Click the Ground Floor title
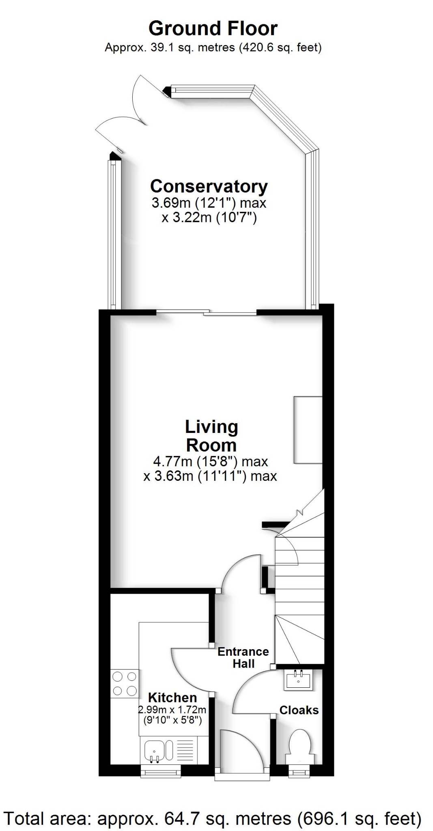click(x=213, y=28)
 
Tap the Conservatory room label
click(x=209, y=187)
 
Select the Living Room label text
click(x=211, y=436)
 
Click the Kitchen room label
click(x=172, y=698)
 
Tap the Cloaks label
click(x=299, y=710)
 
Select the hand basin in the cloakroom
click(x=299, y=680)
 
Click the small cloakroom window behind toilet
click(x=299, y=771)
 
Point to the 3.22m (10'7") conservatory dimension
click(x=209, y=218)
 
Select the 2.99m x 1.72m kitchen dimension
click(x=172, y=710)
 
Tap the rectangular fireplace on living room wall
click(x=308, y=430)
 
